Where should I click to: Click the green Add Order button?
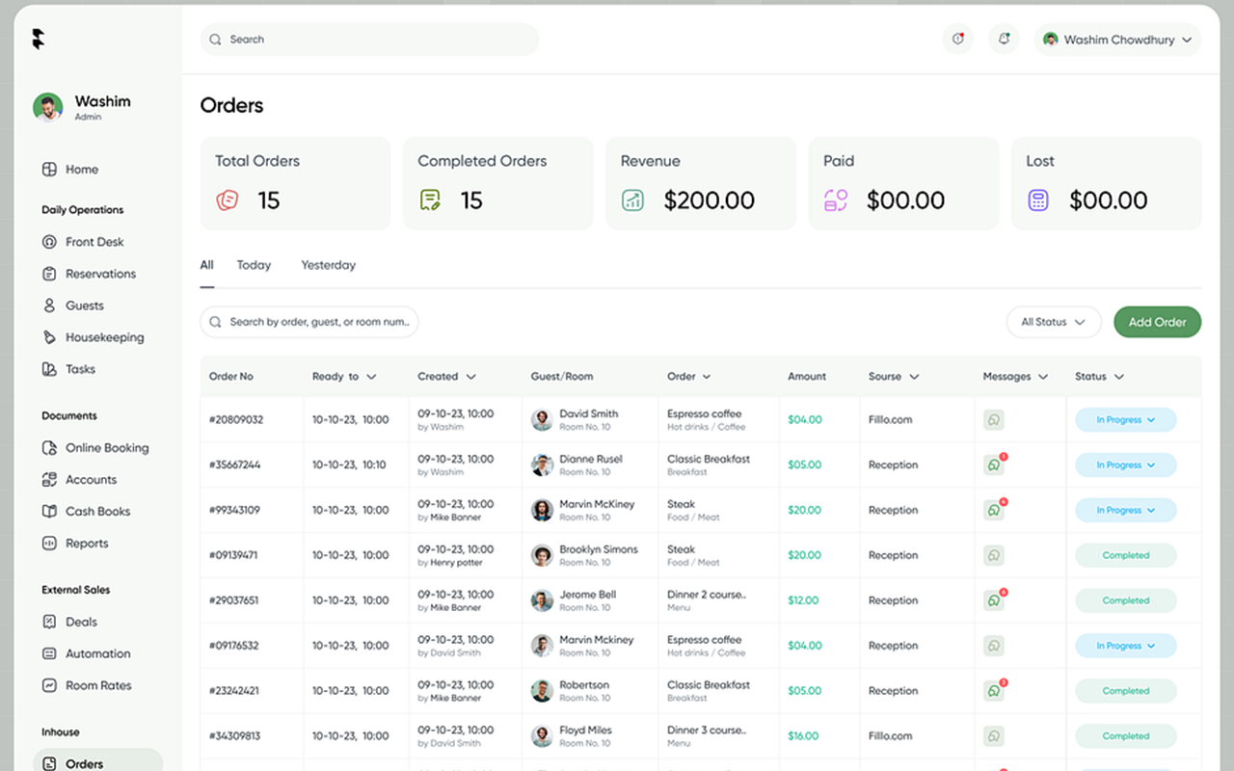1157,322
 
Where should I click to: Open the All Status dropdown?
1053,322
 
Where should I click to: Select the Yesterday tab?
328,265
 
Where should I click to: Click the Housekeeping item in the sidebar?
104,337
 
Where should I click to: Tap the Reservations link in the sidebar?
100,274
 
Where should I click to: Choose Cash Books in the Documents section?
97,512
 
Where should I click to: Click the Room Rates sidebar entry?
98,685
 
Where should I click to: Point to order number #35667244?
235,465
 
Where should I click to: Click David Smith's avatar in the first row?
542,419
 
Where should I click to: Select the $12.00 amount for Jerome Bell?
803,600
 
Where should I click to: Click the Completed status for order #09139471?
1125,555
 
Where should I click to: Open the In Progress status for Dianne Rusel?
1125,465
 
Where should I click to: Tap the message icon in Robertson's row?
993,691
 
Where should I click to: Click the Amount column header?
807,376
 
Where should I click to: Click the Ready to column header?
343,376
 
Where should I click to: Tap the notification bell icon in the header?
1004,40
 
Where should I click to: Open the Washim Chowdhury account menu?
1117,40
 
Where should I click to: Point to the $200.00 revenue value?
709,200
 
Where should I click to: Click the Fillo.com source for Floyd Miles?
890,736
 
